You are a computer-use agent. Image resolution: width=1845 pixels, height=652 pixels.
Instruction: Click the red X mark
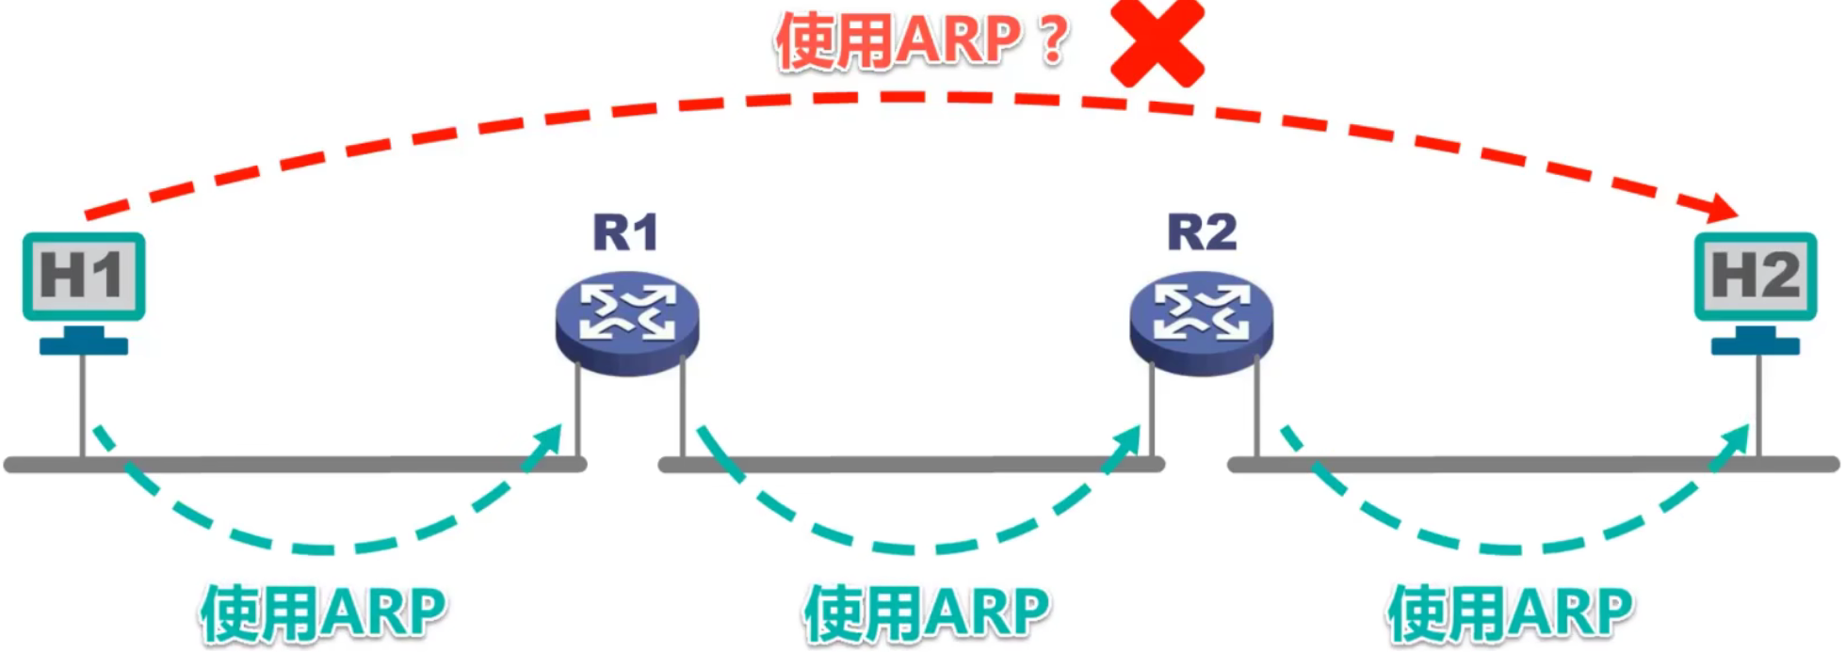pyautogui.click(x=1157, y=42)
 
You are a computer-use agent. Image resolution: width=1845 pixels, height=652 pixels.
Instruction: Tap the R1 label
pyautogui.click(x=625, y=232)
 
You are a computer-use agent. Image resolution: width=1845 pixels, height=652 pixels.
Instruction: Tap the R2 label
pyautogui.click(x=1202, y=231)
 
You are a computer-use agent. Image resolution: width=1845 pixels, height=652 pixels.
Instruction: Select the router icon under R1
pyautogui.click(x=627, y=323)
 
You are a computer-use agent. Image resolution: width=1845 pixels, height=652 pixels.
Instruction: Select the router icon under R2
pyautogui.click(x=1202, y=323)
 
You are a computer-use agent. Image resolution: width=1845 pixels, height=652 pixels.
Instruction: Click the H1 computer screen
pyautogui.click(x=84, y=277)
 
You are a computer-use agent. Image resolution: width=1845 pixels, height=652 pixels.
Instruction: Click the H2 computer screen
pyautogui.click(x=1756, y=277)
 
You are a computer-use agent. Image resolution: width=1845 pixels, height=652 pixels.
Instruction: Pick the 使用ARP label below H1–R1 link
pyautogui.click(x=323, y=613)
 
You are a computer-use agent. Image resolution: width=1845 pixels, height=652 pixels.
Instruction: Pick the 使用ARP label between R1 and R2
pyautogui.click(x=927, y=613)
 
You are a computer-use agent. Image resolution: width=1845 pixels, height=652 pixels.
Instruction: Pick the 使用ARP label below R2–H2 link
pyautogui.click(x=1511, y=613)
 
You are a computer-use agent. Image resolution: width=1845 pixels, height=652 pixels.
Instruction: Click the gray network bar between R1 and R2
pyautogui.click(x=912, y=464)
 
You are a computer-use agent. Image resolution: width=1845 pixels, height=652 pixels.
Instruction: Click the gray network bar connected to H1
pyautogui.click(x=296, y=464)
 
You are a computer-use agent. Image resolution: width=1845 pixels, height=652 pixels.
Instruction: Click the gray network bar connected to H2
pyautogui.click(x=1533, y=464)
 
